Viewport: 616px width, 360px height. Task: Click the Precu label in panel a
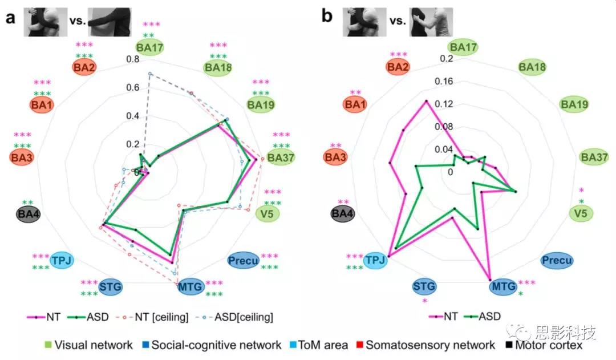(243, 261)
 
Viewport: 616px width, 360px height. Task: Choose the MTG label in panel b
(503, 286)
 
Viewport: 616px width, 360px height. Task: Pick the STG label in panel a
(111, 286)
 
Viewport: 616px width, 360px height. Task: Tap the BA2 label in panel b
(399, 67)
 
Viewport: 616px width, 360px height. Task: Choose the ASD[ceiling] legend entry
(241, 317)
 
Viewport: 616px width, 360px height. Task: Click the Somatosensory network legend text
(430, 345)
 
